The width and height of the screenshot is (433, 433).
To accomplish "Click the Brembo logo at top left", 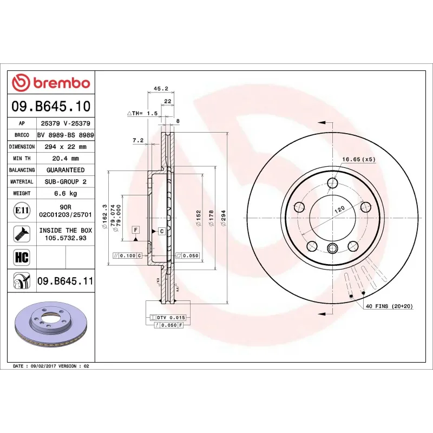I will [x=51, y=83].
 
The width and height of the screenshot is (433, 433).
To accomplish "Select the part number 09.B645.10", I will [x=51, y=106].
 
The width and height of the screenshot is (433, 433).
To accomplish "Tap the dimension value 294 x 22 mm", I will [x=65, y=147].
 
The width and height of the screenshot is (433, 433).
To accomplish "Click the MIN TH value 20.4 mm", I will [x=65, y=159].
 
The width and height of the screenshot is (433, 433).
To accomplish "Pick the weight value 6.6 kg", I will [x=65, y=193].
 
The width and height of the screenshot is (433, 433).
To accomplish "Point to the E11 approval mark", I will [x=22, y=210].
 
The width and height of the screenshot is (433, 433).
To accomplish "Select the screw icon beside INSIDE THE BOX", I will [x=22, y=233].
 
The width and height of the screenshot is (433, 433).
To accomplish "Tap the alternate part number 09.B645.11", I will [x=65, y=281].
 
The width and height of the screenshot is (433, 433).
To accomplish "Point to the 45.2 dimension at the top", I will [x=161, y=89].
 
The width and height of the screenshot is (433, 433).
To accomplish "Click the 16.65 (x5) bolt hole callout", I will [x=358, y=160].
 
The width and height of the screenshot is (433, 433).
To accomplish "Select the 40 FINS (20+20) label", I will [x=390, y=306].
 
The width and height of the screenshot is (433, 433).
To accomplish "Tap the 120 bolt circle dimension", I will [x=339, y=208].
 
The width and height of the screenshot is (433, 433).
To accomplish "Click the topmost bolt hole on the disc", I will [x=332, y=184].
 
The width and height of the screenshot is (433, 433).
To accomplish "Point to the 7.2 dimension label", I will [x=137, y=141].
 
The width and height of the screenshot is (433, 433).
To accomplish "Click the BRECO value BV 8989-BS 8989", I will [x=65, y=135].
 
